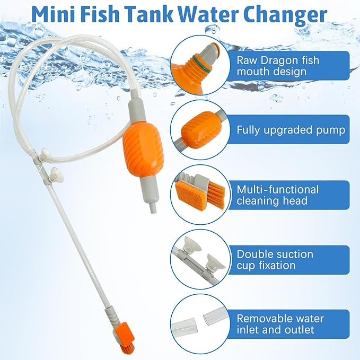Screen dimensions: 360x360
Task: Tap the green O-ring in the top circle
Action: pos(201,63)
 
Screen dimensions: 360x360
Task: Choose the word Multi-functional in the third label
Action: pos(278,190)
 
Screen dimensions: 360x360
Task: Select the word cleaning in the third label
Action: pos(258,201)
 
